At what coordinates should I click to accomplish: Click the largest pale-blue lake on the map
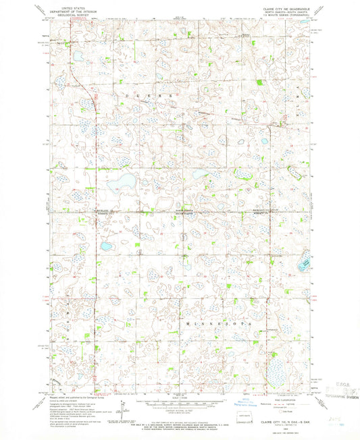click(x=118, y=182)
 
